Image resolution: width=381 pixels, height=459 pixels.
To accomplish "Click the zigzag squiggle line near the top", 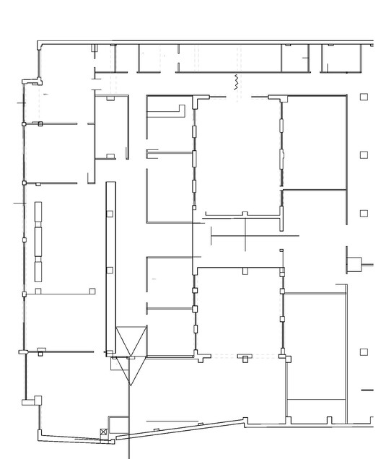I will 235,81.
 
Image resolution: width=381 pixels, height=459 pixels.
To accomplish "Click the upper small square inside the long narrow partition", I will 110,214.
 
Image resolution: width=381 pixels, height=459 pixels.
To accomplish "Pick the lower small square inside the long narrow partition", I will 110,271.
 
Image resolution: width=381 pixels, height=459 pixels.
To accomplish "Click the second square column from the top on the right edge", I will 364,155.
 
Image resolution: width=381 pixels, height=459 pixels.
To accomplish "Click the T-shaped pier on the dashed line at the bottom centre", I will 246,357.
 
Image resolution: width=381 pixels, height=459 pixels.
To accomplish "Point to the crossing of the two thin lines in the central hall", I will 245,235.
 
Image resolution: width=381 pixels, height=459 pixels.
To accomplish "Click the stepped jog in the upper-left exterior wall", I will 30,80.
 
